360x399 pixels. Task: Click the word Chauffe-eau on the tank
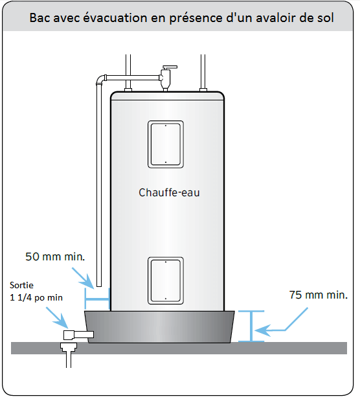[x=169, y=192]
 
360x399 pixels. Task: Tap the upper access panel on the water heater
[x=166, y=144]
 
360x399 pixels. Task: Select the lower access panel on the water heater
[x=166, y=280]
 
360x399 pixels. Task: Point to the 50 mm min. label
[x=55, y=256]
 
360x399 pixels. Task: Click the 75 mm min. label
[x=319, y=295]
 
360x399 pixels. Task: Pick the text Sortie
[x=21, y=285]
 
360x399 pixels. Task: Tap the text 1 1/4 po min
[x=36, y=297]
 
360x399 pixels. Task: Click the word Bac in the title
[x=39, y=18]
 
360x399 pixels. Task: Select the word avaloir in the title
[x=275, y=18]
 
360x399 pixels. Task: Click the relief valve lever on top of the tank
[x=170, y=67]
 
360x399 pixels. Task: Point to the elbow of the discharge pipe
[x=101, y=80]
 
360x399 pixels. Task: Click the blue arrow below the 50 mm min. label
[x=83, y=278]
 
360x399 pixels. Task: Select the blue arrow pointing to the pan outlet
[x=57, y=317]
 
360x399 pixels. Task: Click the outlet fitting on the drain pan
[x=78, y=335]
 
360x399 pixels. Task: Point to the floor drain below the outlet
[x=69, y=354]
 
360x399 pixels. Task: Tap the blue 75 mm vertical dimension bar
[x=251, y=326]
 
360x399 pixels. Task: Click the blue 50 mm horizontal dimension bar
[x=97, y=299]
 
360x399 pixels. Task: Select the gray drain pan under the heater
[x=159, y=326]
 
